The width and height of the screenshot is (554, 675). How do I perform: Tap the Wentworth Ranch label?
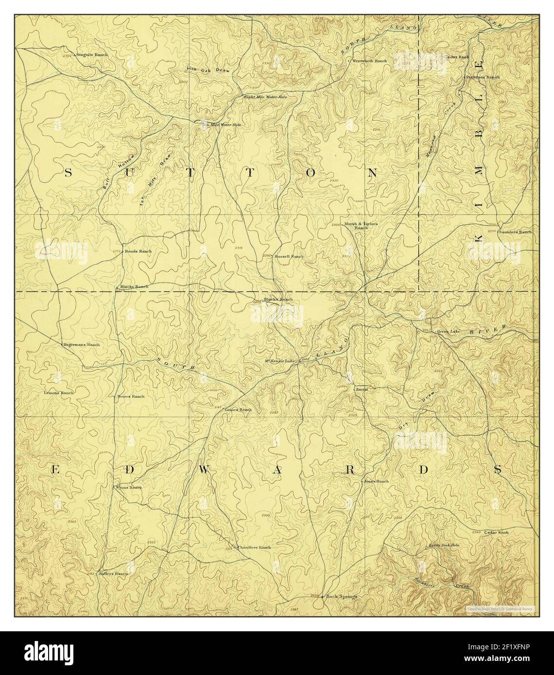[369, 61]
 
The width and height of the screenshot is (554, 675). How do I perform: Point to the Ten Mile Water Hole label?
[222, 125]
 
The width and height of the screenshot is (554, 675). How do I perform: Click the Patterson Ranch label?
[483, 77]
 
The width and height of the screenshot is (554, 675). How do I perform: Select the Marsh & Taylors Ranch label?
[361, 225]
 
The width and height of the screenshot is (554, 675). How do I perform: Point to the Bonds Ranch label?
[138, 251]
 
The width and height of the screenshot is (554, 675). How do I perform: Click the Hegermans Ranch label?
[81, 344]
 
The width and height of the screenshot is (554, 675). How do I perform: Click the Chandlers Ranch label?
[254, 547]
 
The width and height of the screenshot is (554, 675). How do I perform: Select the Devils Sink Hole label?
[443, 545]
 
